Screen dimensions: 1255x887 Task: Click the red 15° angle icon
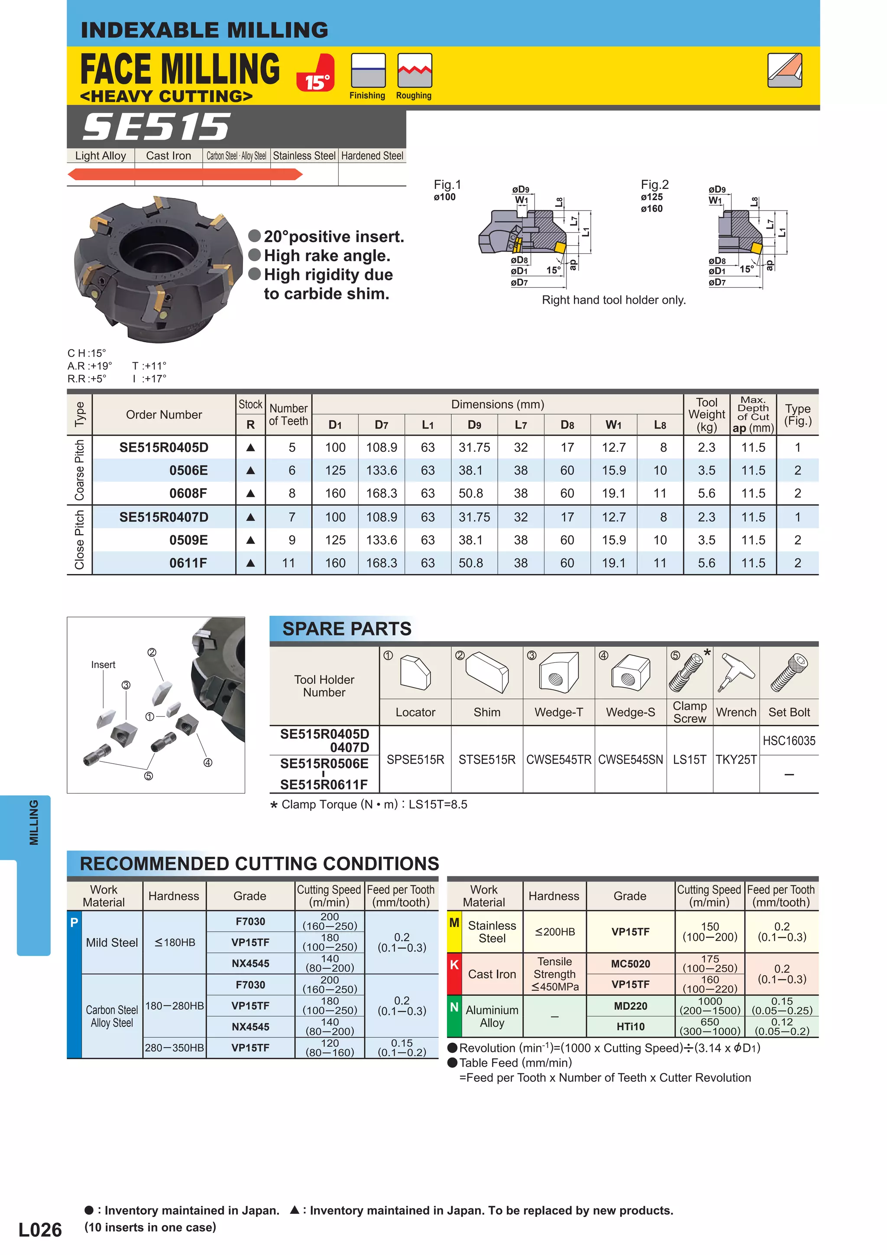tap(315, 73)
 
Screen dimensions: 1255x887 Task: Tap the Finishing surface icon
tap(368, 71)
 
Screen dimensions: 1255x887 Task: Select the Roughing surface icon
tap(414, 71)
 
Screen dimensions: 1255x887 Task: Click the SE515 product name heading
tap(156, 127)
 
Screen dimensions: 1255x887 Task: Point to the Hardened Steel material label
tap(372, 156)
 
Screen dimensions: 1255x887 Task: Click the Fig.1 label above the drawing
tap(447, 185)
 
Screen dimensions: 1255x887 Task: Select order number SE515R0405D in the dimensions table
tap(164, 448)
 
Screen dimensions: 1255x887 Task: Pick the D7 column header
tap(382, 425)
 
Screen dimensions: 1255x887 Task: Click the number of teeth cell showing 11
tap(288, 563)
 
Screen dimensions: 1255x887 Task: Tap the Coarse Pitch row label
tap(80, 470)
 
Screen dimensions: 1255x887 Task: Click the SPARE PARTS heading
tap(346, 629)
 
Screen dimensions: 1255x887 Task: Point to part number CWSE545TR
tap(559, 760)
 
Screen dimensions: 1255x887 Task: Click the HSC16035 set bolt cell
tap(789, 741)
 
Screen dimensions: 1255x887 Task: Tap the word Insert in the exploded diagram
tap(103, 665)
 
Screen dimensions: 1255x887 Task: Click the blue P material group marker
tap(74, 923)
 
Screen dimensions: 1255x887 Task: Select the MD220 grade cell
tap(631, 1006)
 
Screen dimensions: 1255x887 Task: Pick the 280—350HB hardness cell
tap(175, 1048)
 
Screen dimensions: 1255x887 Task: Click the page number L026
tap(40, 1230)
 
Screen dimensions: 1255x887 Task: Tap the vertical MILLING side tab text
tap(34, 823)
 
